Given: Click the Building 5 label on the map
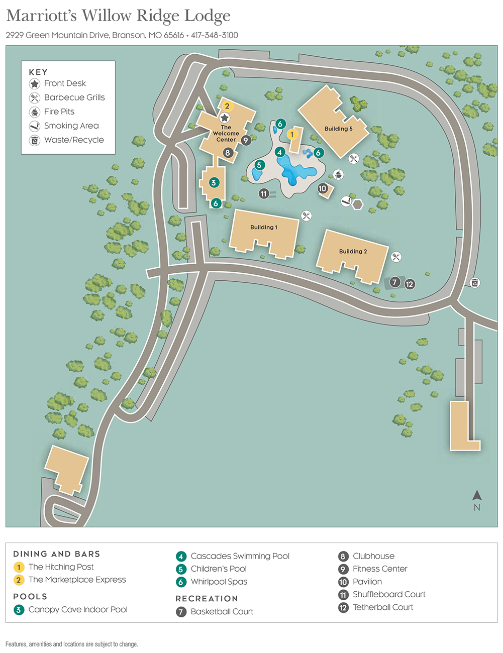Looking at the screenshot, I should [338, 129].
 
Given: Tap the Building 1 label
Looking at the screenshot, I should [263, 227].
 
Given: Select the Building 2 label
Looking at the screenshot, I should [353, 251].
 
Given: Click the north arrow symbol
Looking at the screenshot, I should [477, 496].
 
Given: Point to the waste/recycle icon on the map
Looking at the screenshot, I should [475, 282].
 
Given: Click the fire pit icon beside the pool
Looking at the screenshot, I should [339, 174].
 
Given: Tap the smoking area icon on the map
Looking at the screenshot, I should [346, 201].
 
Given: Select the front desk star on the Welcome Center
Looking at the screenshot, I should [225, 118].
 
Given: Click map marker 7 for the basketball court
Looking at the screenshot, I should [395, 282].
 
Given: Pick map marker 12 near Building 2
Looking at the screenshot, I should [410, 284].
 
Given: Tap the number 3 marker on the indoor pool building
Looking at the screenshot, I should [214, 182].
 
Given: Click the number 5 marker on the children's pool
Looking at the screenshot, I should [259, 165].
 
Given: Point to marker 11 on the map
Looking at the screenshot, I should [263, 193].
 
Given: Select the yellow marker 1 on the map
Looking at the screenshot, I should [292, 134].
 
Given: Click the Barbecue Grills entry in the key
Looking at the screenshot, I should [74, 97].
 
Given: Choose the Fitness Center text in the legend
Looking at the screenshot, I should [380, 569].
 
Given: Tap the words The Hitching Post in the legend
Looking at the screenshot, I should [61, 567].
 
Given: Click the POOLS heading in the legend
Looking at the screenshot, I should [30, 596].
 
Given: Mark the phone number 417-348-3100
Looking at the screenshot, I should [215, 35].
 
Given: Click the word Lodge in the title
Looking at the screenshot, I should [207, 16].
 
